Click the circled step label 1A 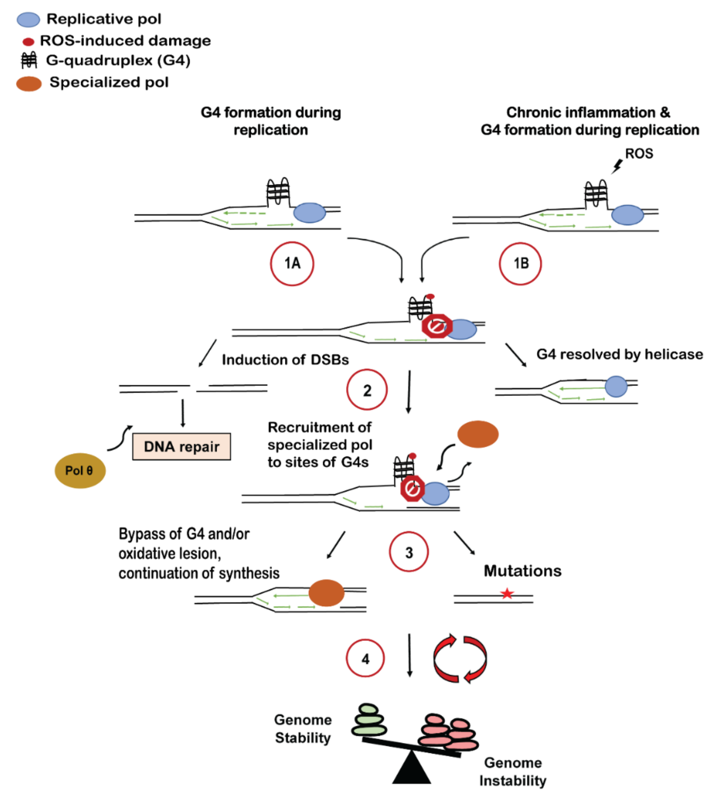292,264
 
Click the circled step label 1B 520,264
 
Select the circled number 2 367,390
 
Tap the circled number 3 409,552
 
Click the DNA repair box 182,447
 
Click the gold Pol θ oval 80,470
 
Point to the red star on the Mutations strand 507,594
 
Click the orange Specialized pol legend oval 29,84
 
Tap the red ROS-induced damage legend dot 28,41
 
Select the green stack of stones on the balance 369,720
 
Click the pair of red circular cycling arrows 460,659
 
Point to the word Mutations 522,571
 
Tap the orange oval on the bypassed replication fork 326,593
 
